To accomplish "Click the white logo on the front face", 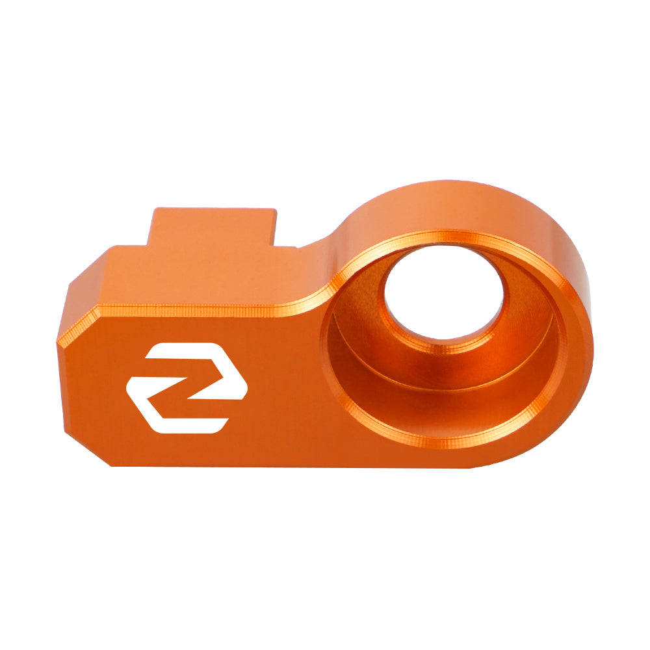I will pos(187,387).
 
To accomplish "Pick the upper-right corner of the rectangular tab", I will pos(275,210).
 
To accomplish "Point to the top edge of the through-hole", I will pos(443,250).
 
